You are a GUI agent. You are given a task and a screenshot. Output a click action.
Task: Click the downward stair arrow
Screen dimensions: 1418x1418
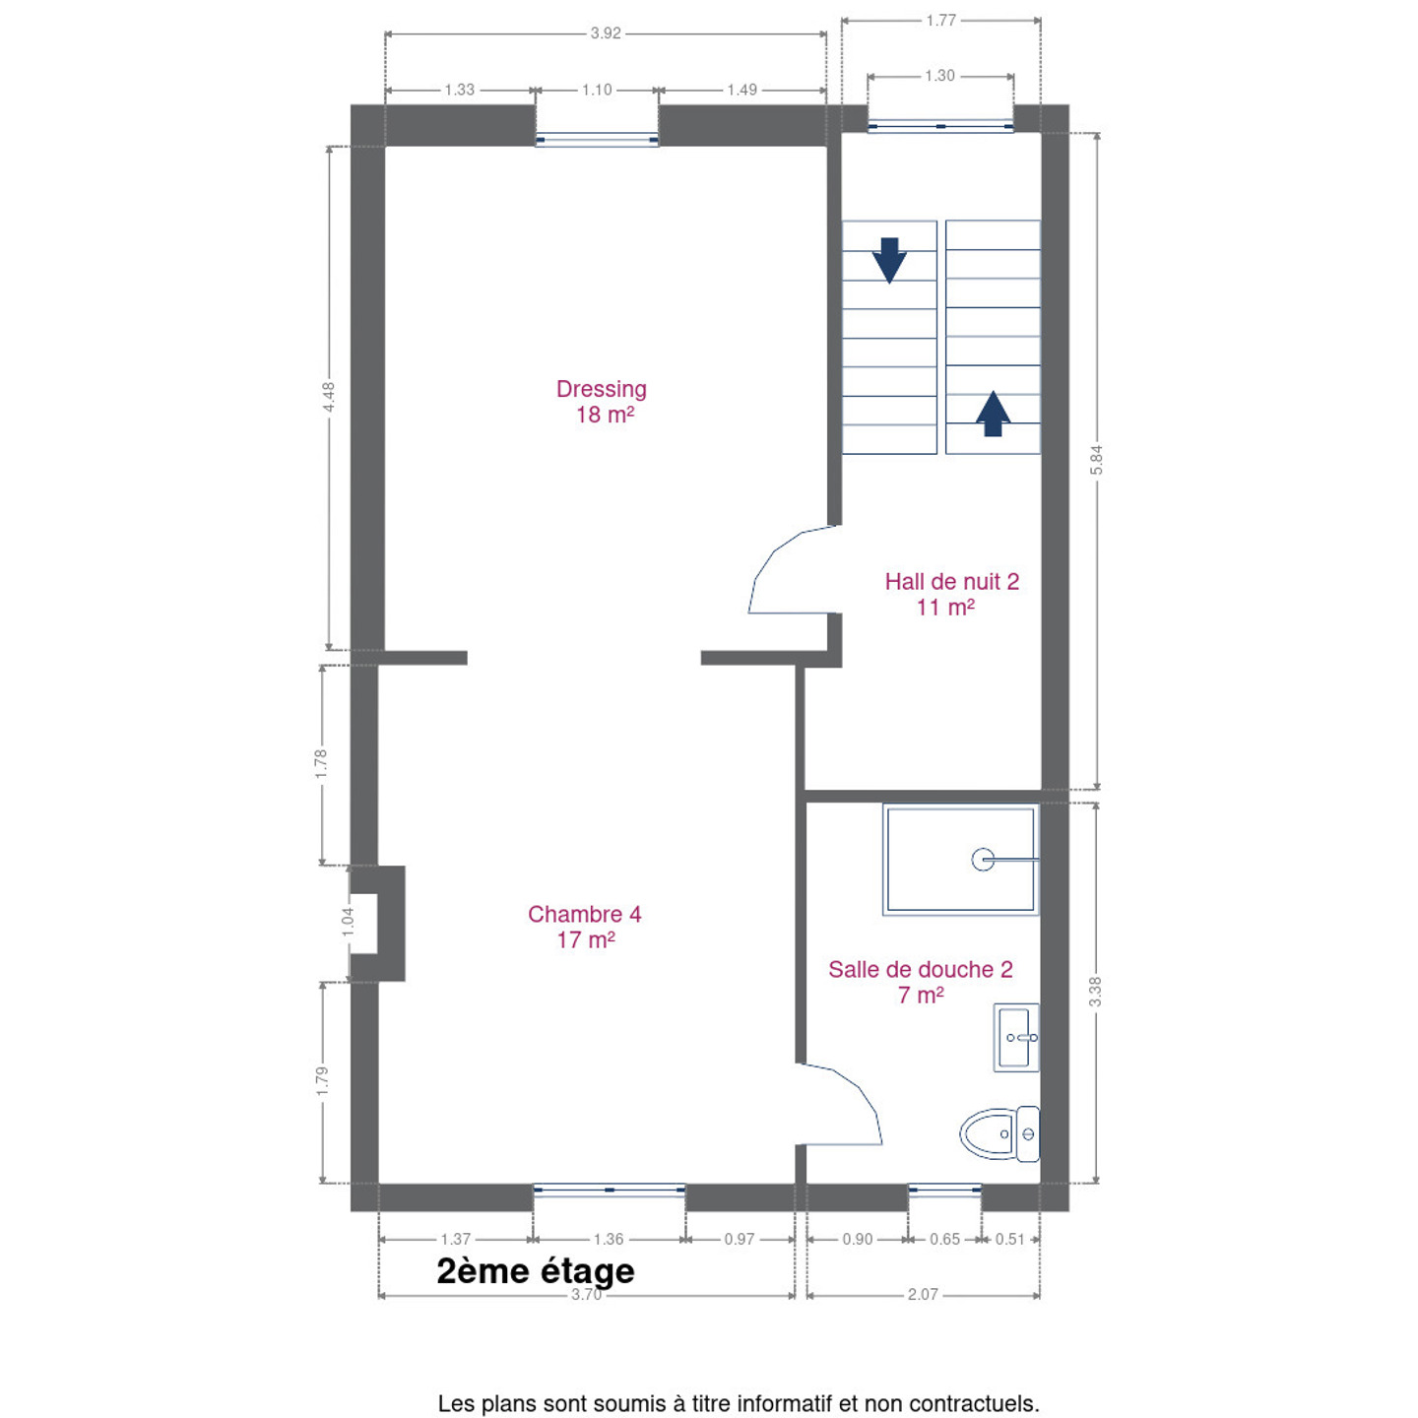coord(889,260)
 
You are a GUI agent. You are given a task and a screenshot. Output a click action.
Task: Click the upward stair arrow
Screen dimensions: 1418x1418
coord(993,414)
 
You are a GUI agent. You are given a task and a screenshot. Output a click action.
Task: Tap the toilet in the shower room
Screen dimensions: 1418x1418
coord(999,1134)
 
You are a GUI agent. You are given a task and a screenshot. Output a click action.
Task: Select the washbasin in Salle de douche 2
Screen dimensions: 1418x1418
coord(1016,1037)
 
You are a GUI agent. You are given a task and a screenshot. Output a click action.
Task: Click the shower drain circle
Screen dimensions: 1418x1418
coord(983,860)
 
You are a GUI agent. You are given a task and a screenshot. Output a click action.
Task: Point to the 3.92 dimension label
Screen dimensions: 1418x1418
coord(606,33)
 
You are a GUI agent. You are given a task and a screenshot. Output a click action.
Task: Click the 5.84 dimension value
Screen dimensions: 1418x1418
coord(1096,460)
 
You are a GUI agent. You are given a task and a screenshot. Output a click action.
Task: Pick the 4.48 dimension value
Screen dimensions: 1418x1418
coord(329,398)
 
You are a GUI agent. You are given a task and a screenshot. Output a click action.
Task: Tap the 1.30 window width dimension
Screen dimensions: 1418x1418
coord(939,76)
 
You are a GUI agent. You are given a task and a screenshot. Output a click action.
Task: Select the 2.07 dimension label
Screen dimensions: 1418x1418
coord(923,1294)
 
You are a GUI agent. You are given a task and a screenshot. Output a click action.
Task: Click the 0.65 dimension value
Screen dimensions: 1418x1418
coord(945,1239)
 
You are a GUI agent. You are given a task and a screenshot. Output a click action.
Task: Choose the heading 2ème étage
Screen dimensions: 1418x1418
coord(536,1271)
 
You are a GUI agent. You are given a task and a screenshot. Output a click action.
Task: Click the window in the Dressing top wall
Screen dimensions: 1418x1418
coord(597,139)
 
